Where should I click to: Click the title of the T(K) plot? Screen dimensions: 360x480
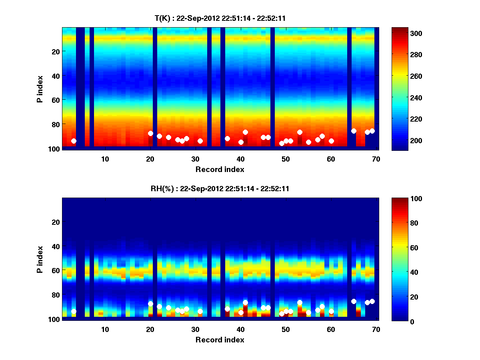[x=220, y=18]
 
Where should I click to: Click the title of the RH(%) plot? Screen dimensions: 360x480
[x=220, y=189]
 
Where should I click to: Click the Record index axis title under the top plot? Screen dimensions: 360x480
[x=220, y=169]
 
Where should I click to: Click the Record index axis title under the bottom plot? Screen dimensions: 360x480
[x=220, y=340]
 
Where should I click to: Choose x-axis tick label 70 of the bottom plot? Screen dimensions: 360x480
[x=376, y=329]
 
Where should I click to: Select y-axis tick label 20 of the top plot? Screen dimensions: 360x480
[x=55, y=51]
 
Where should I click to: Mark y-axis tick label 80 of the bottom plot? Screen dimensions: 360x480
[x=55, y=295]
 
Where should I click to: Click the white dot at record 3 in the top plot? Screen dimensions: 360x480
[x=74, y=141]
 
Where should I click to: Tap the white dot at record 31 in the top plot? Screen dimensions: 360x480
[x=200, y=141]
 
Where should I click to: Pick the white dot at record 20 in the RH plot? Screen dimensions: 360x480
[x=150, y=304]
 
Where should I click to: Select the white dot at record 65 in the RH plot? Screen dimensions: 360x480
[x=354, y=301]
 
